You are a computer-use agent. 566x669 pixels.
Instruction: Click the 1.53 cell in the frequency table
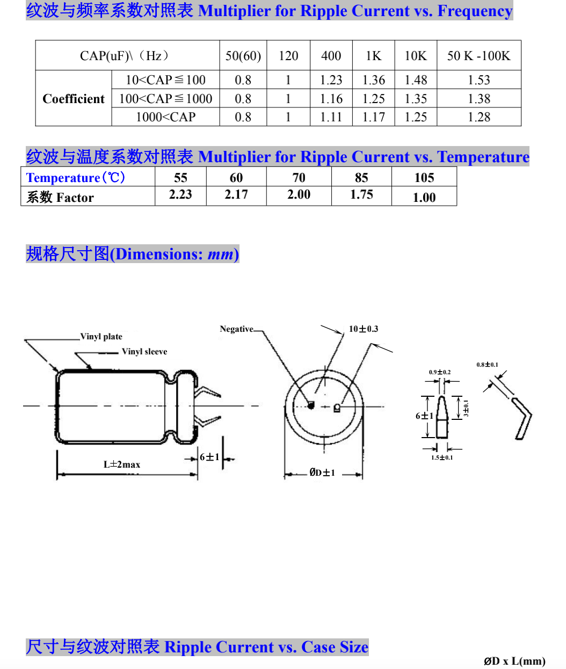pyautogui.click(x=478, y=80)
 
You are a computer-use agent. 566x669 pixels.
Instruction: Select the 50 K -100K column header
pyautogui.click(x=478, y=56)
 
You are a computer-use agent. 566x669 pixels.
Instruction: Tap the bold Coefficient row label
pyautogui.click(x=74, y=99)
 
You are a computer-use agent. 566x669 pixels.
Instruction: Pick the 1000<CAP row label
pyautogui.click(x=165, y=117)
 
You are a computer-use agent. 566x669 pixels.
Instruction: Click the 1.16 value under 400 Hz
pyautogui.click(x=331, y=99)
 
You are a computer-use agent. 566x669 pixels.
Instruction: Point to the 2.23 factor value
pyautogui.click(x=180, y=194)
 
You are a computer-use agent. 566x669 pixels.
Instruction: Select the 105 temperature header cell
pyautogui.click(x=424, y=177)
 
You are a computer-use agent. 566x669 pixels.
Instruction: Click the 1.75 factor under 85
pyautogui.click(x=361, y=194)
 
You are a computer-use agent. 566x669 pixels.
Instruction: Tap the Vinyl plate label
pyautogui.click(x=101, y=337)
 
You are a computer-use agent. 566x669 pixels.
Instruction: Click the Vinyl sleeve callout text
pyautogui.click(x=144, y=352)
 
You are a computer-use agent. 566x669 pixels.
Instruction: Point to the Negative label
pyautogui.click(x=236, y=329)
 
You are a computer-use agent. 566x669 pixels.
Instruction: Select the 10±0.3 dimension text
pyautogui.click(x=364, y=329)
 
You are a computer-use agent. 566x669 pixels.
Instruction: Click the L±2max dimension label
pyautogui.click(x=122, y=464)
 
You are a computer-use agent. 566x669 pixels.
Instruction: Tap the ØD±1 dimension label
pyautogui.click(x=322, y=472)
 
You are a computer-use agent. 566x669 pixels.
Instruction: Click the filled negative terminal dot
pyautogui.click(x=310, y=405)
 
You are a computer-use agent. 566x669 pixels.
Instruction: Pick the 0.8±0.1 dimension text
pyautogui.click(x=487, y=365)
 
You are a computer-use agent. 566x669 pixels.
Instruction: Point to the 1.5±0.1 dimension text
pyautogui.click(x=441, y=457)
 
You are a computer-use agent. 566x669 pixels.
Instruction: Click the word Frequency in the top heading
pyautogui.click(x=475, y=11)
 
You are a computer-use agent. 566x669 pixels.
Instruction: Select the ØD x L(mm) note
pyautogui.click(x=514, y=661)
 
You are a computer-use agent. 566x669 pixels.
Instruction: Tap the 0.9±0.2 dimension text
pyautogui.click(x=440, y=372)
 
